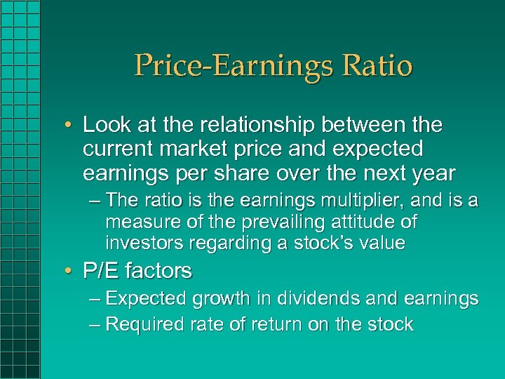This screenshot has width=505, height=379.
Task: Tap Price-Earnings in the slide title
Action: pos(229,66)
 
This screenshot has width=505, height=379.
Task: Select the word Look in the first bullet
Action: pos(105,126)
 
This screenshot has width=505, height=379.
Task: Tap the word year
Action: pos(433,172)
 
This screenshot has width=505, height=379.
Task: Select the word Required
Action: pos(147,324)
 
